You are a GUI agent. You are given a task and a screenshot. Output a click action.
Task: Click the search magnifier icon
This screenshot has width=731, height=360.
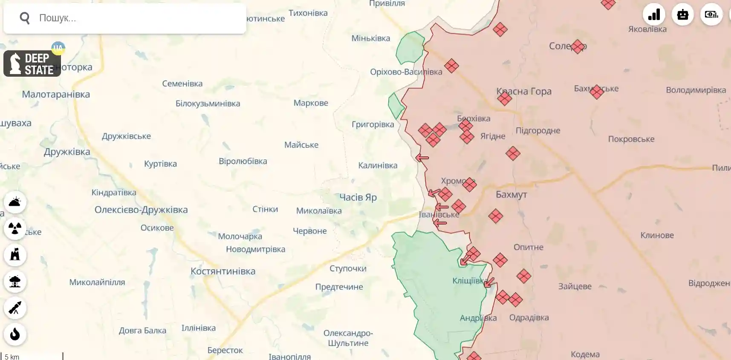pos(25,18)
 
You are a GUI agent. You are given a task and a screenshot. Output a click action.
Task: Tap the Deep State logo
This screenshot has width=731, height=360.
pos(32,64)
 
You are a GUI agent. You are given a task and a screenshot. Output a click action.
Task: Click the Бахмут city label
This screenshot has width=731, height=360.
pos(511,195)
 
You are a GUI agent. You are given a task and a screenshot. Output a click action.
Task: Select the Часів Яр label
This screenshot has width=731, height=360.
pos(358,197)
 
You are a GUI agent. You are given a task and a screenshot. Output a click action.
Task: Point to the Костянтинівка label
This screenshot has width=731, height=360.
pos(222,271)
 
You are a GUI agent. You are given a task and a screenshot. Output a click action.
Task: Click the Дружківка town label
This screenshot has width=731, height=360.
pos(67,152)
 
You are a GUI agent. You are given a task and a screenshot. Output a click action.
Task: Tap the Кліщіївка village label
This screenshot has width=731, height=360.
pos(469,281)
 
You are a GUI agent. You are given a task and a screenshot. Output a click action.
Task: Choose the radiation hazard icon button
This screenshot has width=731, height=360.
pos(15,229)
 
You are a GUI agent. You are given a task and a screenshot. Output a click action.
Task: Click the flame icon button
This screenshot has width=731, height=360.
pos(15,334)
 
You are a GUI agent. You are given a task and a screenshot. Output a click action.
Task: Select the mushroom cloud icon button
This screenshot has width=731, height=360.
pos(15,282)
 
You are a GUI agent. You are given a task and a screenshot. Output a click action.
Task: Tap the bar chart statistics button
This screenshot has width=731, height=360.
pos(654,15)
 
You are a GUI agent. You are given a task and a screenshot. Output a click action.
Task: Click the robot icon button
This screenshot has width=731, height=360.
pos(682,15)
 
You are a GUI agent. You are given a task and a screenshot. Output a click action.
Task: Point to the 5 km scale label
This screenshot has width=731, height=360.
pos(12,357)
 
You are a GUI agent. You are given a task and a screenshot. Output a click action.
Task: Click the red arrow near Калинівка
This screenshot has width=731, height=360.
pos(422,158)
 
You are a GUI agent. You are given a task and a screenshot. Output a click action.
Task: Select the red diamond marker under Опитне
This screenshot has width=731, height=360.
pos(500,260)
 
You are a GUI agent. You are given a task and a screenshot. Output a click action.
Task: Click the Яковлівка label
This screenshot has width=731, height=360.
pos(647,29)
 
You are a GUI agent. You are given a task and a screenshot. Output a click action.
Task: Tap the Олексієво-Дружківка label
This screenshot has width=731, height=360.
pos(141,210)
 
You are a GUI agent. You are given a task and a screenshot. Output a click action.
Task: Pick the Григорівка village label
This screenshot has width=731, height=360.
pos(373,124)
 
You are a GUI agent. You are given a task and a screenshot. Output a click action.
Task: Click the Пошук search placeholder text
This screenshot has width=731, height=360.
pos(58,18)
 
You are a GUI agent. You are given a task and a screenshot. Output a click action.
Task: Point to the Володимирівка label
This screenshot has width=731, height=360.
pos(696,90)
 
